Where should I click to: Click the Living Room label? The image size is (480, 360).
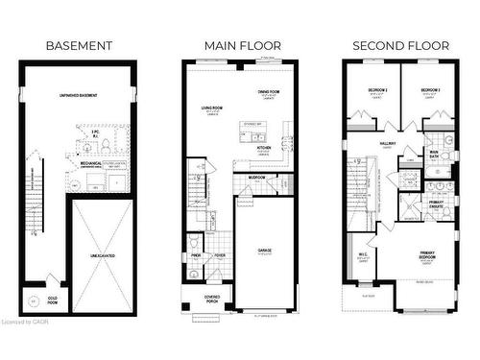(212, 108)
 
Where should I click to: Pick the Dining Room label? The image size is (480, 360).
(270, 91)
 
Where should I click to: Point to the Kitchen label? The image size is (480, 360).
(263, 147)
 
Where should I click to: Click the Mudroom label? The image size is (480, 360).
(256, 178)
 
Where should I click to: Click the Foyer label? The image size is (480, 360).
(220, 255)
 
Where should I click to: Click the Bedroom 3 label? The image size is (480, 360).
(376, 89)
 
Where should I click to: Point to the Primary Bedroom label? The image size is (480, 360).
(427, 256)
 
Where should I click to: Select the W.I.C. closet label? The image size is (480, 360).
(364, 254)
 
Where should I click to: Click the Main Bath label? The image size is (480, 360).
(434, 153)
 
